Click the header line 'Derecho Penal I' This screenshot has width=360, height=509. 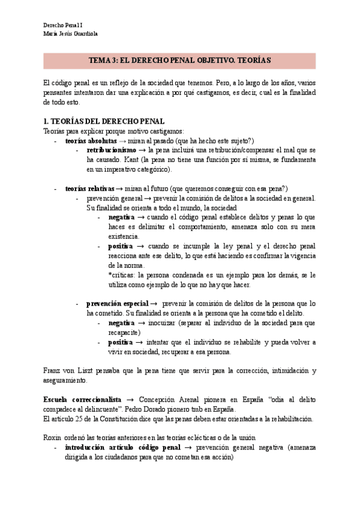pyautogui.click(x=64, y=25)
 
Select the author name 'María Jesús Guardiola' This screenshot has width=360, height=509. pyautogui.click(x=71, y=34)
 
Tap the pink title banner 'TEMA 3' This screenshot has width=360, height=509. pyautogui.click(x=179, y=61)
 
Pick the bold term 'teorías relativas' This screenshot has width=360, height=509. pyautogui.click(x=90, y=188)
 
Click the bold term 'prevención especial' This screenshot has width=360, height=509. pyautogui.click(x=117, y=304)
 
